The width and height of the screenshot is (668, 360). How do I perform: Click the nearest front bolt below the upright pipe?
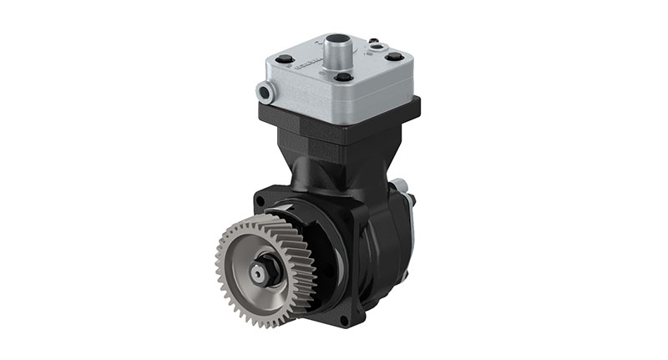click(x=342, y=78)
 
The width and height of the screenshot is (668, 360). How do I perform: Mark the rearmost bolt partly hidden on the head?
click(x=372, y=40)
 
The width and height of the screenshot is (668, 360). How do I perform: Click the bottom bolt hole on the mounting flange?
click(x=360, y=316)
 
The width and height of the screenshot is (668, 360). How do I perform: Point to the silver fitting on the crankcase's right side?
click(x=401, y=186)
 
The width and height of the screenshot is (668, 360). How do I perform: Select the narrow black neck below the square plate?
click(x=334, y=167)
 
